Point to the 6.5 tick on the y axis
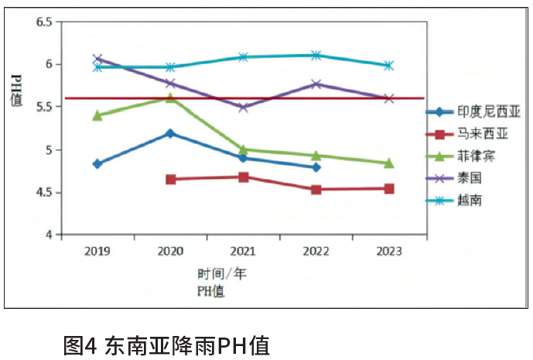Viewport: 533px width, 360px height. point(43,22)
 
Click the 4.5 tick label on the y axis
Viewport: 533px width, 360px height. point(43,193)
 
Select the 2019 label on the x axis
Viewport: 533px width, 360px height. point(97,251)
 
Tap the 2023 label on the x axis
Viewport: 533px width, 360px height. point(389,251)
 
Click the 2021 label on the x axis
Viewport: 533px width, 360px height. point(243,251)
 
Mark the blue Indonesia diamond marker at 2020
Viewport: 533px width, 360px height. point(170,133)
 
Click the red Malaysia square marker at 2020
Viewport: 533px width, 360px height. point(170,179)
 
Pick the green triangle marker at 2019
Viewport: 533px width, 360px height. point(97,115)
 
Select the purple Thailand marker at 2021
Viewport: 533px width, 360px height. point(243,107)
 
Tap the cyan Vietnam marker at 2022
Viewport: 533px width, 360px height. point(316,55)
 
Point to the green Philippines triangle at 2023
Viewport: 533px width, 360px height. point(389,163)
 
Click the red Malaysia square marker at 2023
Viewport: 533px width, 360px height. point(389,188)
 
